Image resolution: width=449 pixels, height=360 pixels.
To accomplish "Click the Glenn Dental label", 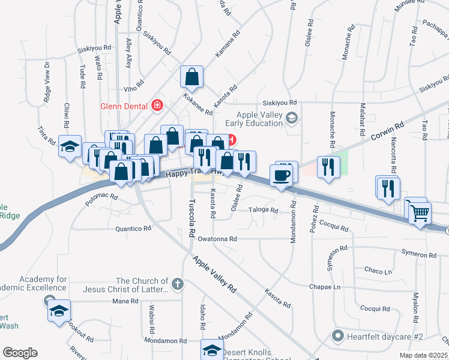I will (125, 106).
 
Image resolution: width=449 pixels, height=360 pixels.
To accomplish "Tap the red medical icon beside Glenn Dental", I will (157, 106).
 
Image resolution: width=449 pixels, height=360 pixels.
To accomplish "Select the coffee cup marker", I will (282, 175).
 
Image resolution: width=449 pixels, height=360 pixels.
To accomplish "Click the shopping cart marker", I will (420, 211).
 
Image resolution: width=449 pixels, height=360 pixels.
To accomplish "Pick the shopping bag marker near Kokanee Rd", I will (191, 77).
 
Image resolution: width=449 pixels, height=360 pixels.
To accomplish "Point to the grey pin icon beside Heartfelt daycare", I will (338, 336).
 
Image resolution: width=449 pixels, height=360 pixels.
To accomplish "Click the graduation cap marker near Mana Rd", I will (59, 310).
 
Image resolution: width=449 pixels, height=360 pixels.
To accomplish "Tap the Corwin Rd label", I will (385, 133).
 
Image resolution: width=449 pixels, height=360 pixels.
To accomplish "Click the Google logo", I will (20, 353).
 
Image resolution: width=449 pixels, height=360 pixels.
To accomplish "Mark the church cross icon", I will (176, 283).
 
